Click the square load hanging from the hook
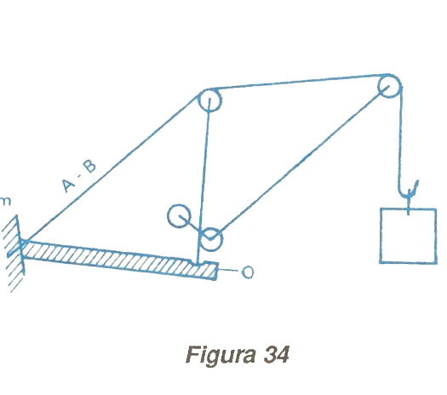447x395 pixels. [408, 236]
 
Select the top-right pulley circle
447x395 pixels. [389, 85]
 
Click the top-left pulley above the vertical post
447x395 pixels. [209, 100]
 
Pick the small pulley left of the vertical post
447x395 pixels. [179, 215]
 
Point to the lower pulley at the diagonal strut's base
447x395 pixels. [211, 239]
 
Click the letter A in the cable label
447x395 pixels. [68, 185]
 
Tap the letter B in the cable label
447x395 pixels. [89, 166]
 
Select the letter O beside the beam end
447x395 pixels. [248, 272]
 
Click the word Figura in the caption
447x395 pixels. [221, 355]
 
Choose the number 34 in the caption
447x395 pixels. [277, 354]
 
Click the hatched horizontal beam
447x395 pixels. [120, 260]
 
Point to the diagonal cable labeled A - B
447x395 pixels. [112, 169]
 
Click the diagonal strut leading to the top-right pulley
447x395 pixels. [300, 162]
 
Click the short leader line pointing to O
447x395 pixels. [228, 270]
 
